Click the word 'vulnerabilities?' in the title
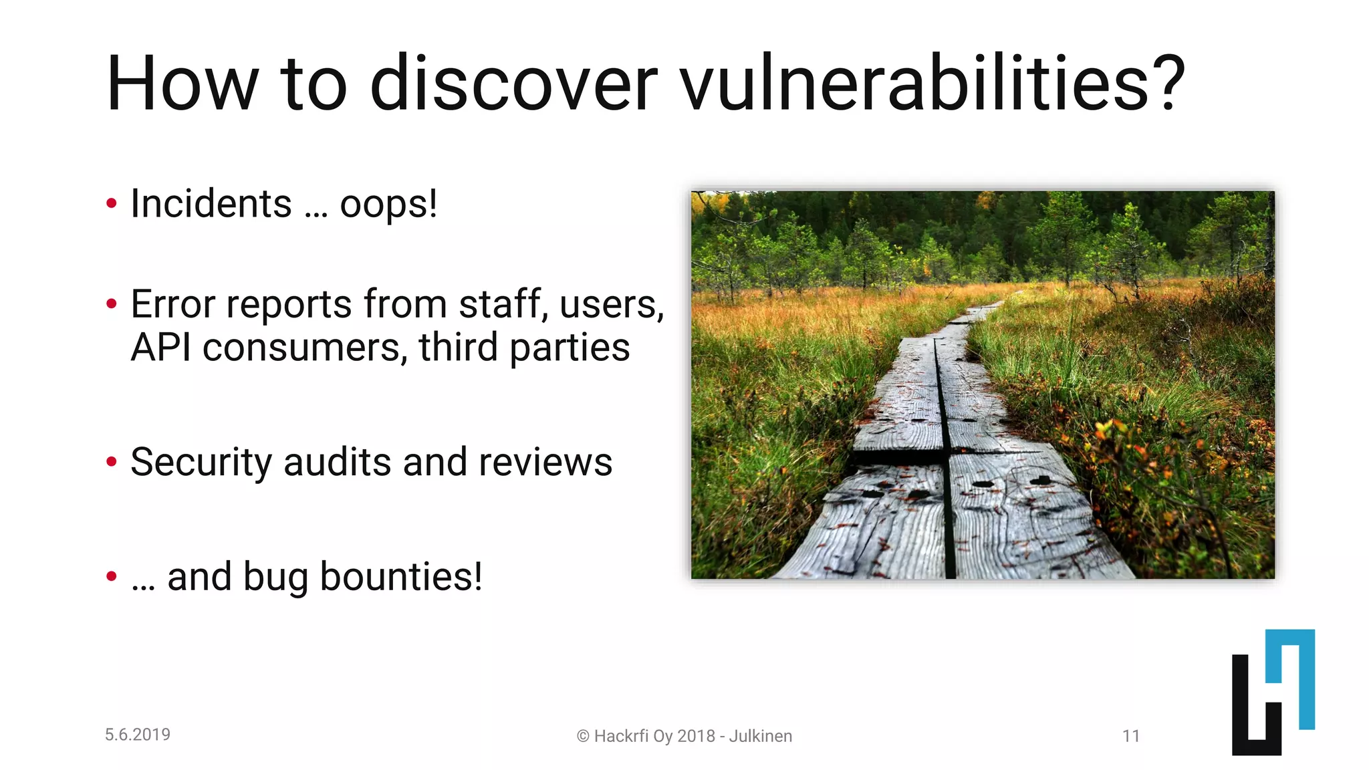(932, 84)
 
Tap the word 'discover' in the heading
(513, 84)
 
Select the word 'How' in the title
(182, 84)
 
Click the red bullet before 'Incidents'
(112, 203)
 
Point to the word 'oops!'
(388, 204)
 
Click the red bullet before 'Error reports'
(112, 304)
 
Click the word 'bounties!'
(401, 576)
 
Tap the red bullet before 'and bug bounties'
(112, 575)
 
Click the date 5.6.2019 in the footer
(138, 735)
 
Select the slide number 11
(1130, 736)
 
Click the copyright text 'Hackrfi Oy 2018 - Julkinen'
(693, 736)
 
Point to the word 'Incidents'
(211, 203)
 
